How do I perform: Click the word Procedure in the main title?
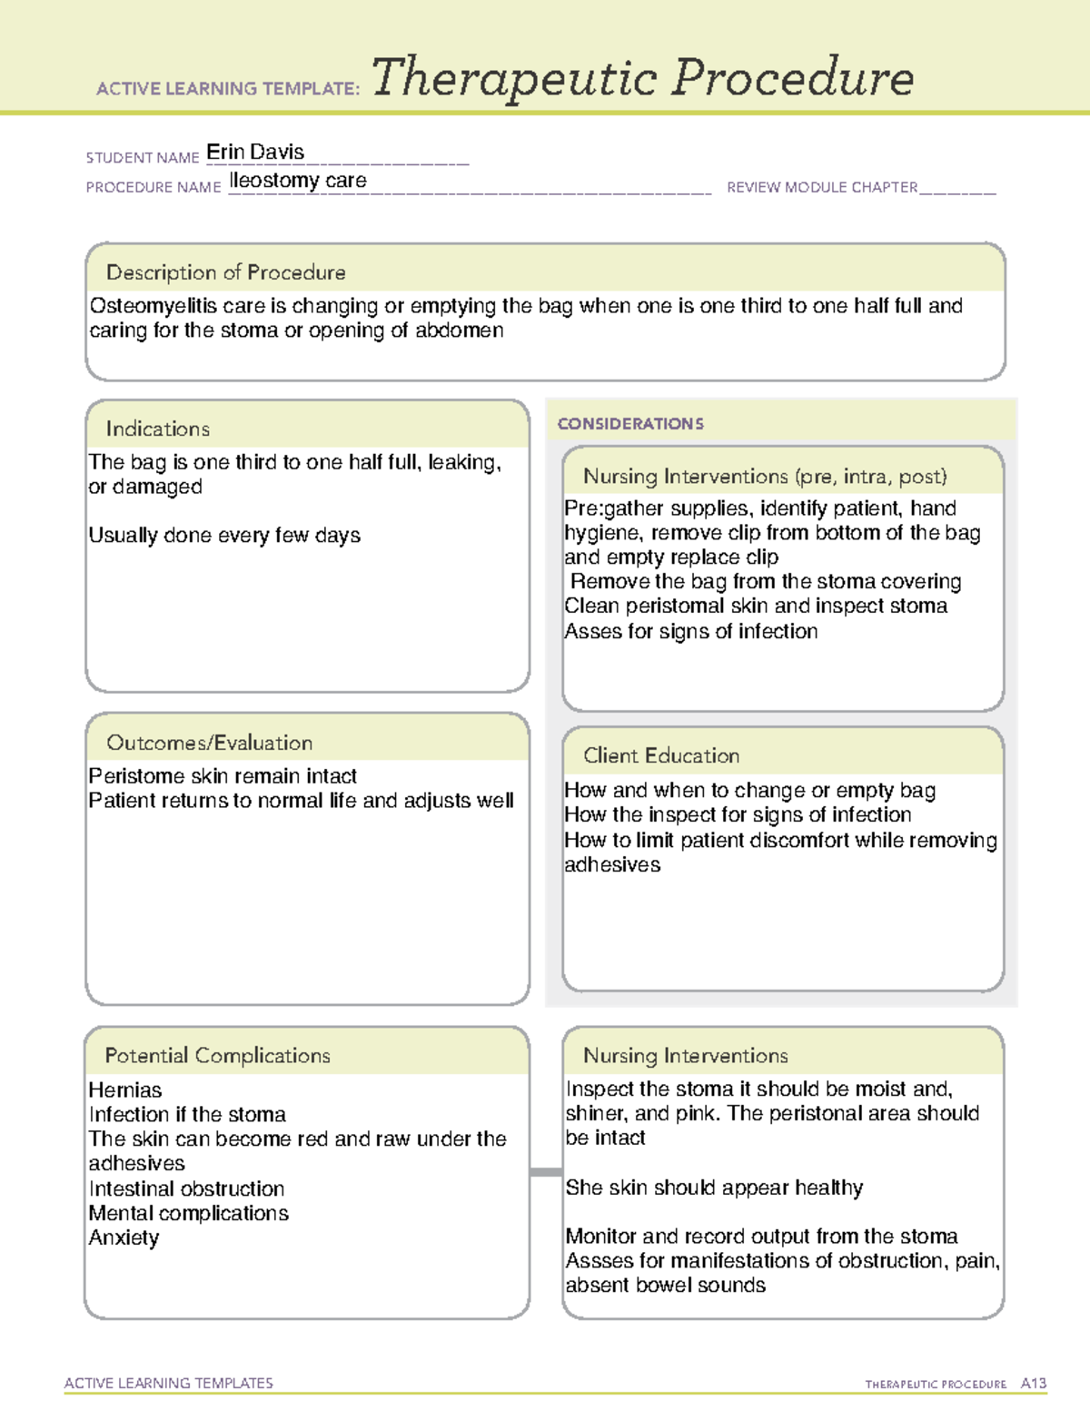click(792, 78)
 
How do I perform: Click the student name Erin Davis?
click(255, 153)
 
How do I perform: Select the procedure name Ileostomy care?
click(298, 181)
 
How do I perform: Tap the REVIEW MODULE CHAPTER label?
click(822, 188)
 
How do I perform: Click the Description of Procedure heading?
click(225, 272)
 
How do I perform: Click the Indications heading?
click(157, 429)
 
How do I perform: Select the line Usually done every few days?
click(224, 536)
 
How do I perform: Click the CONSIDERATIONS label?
click(630, 424)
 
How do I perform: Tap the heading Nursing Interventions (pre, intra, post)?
click(765, 477)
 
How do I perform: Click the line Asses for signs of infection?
click(690, 631)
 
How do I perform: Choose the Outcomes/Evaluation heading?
click(209, 743)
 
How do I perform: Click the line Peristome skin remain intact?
click(223, 776)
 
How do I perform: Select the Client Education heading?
click(661, 755)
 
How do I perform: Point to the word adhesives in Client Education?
click(612, 865)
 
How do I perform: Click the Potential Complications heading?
click(217, 1056)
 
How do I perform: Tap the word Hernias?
click(125, 1090)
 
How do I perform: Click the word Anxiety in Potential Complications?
click(124, 1238)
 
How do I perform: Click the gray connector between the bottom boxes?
click(546, 1172)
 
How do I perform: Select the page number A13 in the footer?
click(1033, 1384)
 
